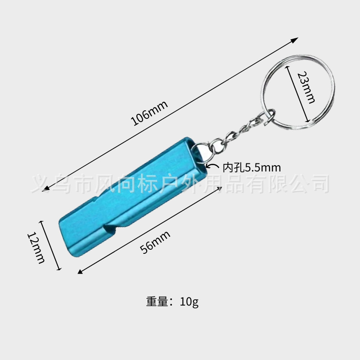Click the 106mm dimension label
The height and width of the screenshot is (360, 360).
[x=149, y=113]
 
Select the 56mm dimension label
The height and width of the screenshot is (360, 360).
[x=155, y=242]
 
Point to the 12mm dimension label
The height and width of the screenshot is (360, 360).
[x=36, y=247]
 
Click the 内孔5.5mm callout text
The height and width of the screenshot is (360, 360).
[x=252, y=168]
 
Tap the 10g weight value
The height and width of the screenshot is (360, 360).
[x=189, y=301]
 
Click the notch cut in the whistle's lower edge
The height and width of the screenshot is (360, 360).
[x=109, y=232]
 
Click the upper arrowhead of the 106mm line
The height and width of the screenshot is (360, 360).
[x=295, y=40]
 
